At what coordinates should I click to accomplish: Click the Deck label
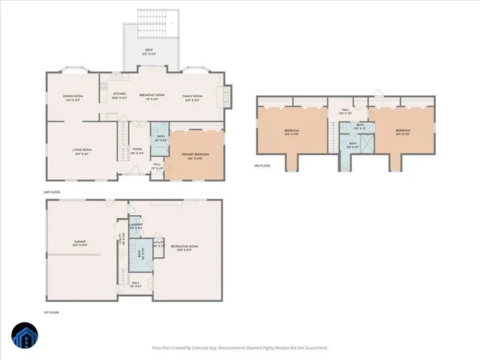(150, 52)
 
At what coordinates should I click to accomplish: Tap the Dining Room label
(73, 97)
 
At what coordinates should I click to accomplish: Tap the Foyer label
(137, 150)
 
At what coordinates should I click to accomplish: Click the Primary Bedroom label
(195, 155)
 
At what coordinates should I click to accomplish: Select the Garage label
(79, 243)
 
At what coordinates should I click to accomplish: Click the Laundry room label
(136, 225)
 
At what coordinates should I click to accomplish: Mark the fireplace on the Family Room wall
(221, 95)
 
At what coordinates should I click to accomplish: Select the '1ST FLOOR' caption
(51, 311)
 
